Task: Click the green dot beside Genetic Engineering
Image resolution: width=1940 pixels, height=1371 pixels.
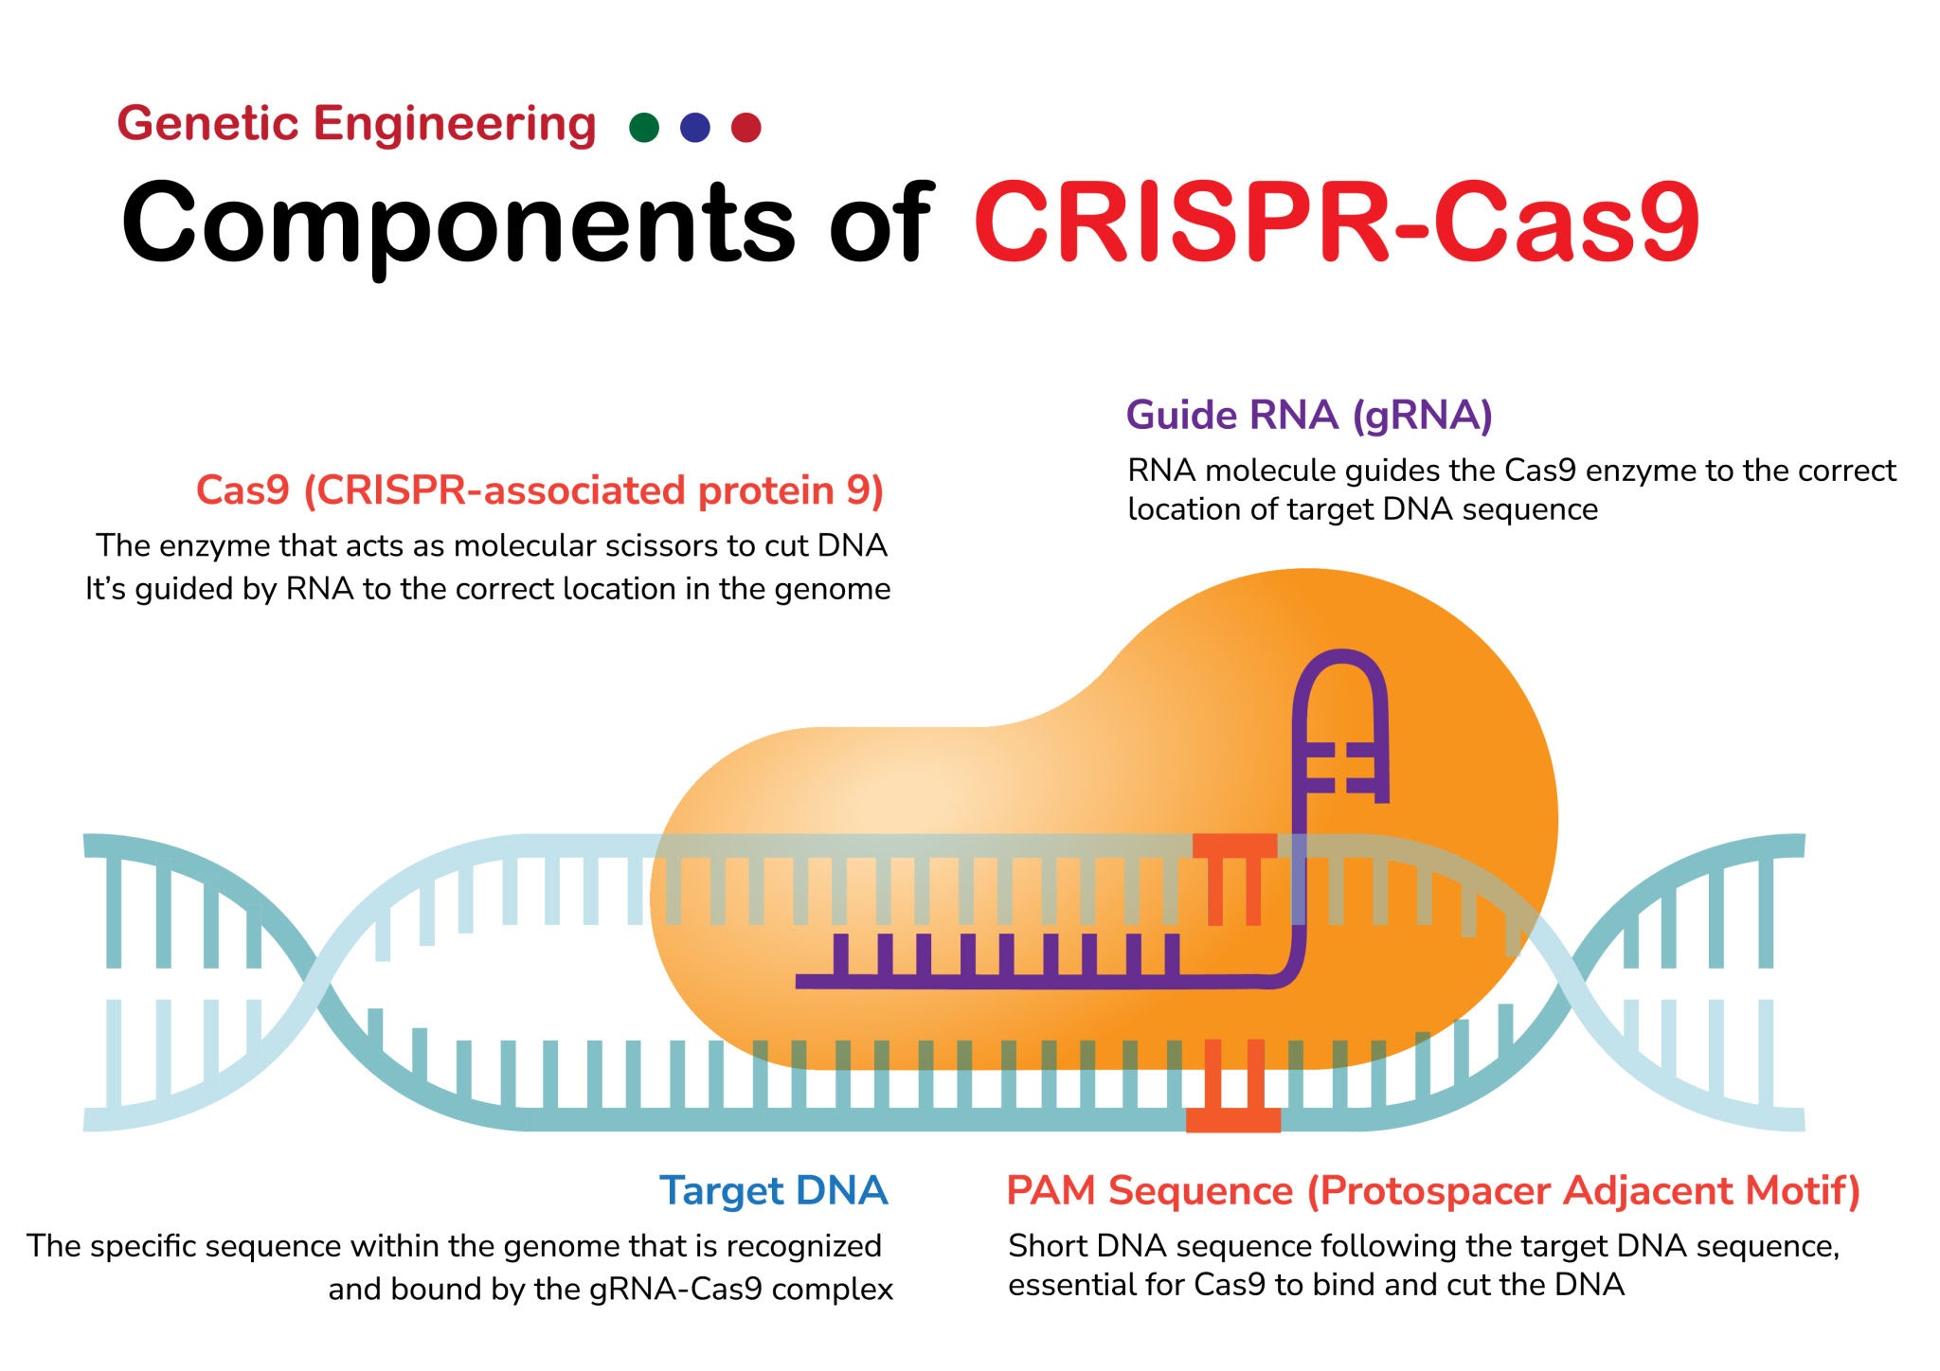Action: pyautogui.click(x=644, y=127)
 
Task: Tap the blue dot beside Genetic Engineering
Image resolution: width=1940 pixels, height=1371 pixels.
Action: pyautogui.click(x=695, y=127)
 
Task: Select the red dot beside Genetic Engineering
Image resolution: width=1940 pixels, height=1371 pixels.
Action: pyautogui.click(x=746, y=127)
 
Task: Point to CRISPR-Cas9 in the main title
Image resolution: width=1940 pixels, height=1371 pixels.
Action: pyautogui.click(x=1336, y=223)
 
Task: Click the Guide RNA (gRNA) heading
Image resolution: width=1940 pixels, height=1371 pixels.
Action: pyautogui.click(x=1308, y=416)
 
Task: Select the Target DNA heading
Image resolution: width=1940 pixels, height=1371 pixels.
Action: pyautogui.click(x=773, y=1190)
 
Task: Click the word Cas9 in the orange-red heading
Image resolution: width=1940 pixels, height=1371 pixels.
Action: pyautogui.click(x=242, y=490)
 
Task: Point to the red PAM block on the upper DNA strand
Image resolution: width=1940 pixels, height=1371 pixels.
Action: pyautogui.click(x=1234, y=846)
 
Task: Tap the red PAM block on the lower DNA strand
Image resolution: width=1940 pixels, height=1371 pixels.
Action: pyautogui.click(x=1232, y=1120)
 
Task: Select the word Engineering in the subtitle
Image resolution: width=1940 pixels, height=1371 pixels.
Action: pyautogui.click(x=455, y=124)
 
